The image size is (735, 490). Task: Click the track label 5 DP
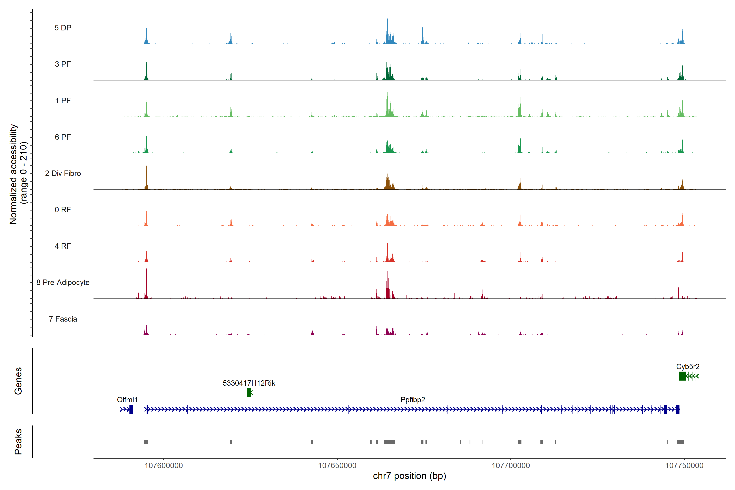click(x=63, y=28)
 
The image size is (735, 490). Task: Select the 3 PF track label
click(x=63, y=64)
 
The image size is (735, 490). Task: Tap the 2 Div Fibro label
click(x=63, y=173)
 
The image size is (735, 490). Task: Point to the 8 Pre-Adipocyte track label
click(x=63, y=283)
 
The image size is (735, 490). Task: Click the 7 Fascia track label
click(x=63, y=319)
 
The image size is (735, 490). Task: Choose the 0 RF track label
click(x=63, y=210)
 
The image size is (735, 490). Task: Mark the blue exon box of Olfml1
click(x=131, y=409)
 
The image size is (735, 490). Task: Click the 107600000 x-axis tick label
click(x=164, y=466)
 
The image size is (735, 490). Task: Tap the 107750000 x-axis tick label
click(x=684, y=466)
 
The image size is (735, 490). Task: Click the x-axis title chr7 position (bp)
click(x=409, y=476)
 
